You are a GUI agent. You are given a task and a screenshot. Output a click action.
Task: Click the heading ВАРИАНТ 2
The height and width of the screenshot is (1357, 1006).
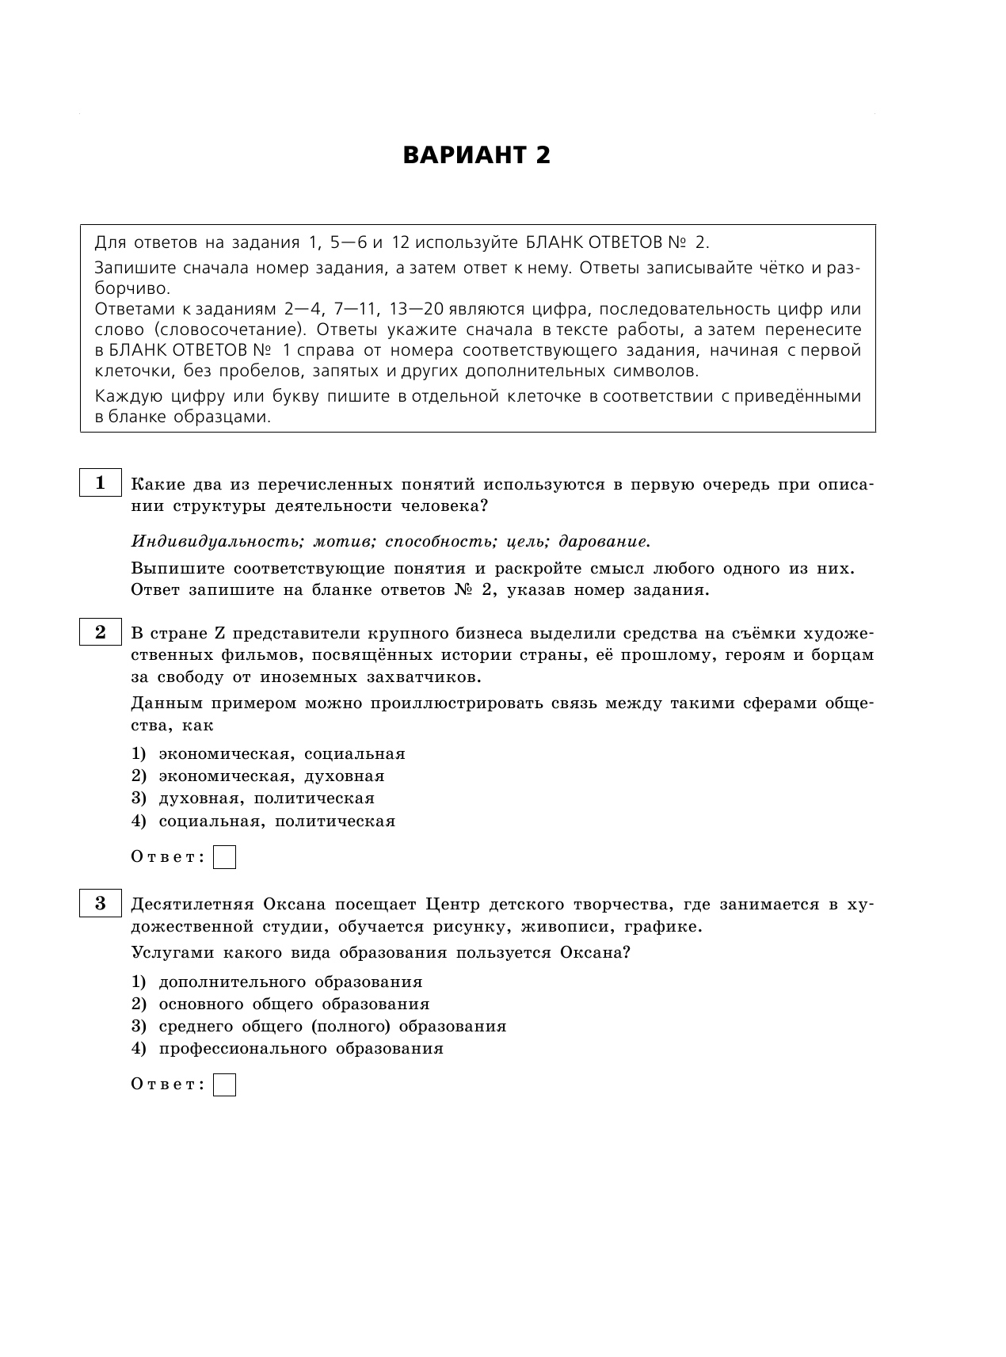476,155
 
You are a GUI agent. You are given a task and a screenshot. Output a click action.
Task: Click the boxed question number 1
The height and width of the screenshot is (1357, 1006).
100,483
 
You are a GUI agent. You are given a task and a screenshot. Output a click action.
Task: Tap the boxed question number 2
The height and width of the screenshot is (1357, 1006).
100,632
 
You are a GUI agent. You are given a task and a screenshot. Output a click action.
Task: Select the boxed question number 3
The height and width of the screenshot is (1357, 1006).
100,904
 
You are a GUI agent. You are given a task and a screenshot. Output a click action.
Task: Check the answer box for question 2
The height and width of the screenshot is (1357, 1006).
225,857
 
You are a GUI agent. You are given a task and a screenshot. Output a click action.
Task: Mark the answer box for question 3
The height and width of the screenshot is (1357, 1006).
225,1084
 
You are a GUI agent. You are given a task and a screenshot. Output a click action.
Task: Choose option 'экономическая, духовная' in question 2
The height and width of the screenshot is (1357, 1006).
271,776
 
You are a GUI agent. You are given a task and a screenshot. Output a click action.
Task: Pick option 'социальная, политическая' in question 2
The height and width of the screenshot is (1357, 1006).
276,821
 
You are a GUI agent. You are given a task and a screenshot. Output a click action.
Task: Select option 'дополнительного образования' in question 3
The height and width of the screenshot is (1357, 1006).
290,982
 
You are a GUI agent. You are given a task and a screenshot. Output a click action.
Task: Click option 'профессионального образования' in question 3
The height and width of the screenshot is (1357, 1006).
300,1049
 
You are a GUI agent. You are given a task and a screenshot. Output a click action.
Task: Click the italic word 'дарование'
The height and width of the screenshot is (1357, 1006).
604,542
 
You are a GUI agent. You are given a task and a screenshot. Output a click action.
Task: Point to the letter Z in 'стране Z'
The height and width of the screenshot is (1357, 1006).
222,634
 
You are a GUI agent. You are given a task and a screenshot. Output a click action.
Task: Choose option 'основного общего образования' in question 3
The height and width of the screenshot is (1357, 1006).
294,1004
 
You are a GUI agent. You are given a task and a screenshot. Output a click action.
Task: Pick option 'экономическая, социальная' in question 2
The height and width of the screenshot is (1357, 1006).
281,754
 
